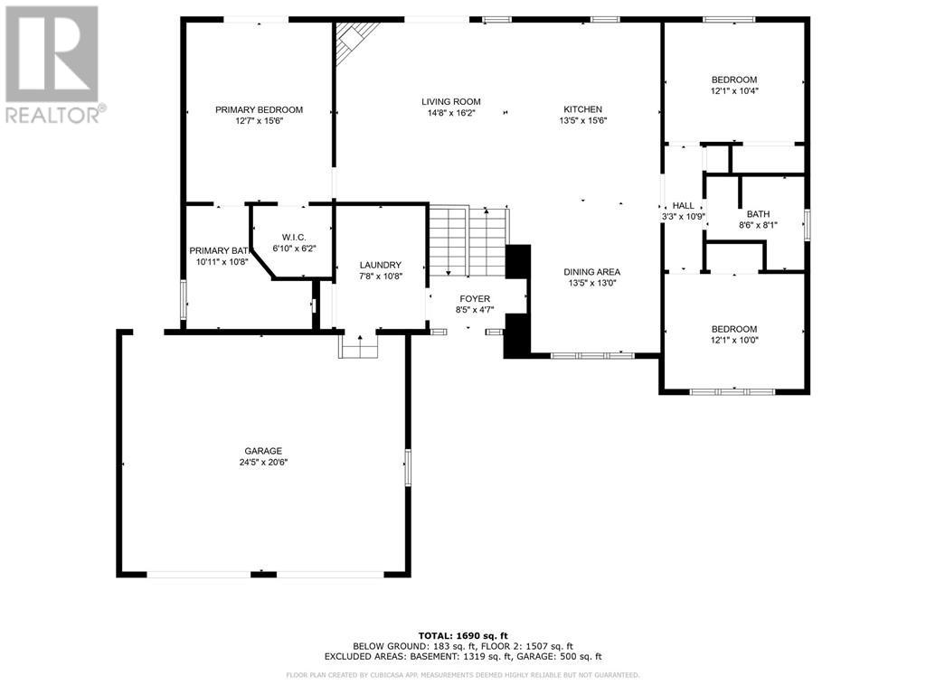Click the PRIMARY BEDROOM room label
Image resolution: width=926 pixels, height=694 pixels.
[259, 109]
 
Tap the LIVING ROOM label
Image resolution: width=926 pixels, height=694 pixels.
[450, 101]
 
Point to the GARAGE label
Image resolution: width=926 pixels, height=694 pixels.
[263, 451]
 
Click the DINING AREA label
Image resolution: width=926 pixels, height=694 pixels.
[591, 271]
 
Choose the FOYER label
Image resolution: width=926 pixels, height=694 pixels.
[475, 298]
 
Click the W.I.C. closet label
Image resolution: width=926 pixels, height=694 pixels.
[294, 237]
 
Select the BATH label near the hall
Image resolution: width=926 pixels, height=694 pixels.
[758, 214]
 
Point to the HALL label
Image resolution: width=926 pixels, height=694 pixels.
[683, 205]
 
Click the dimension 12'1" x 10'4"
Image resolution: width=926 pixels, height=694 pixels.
[733, 90]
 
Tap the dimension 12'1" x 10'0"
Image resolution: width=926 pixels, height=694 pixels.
[733, 340]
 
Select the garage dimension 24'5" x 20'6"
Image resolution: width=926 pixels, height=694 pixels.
[263, 463]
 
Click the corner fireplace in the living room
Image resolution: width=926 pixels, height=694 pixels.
[354, 40]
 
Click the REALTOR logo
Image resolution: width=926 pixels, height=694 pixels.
[53, 63]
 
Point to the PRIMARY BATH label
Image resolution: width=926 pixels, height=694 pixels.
[218, 250]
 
